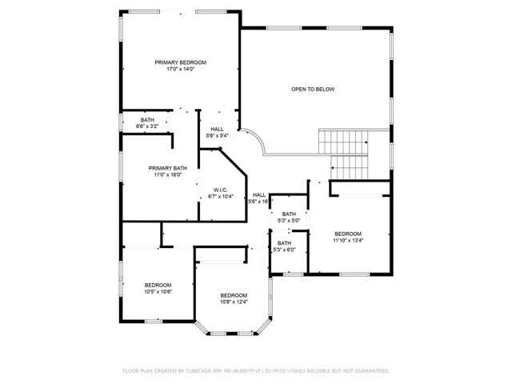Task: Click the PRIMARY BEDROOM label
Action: pos(181,62)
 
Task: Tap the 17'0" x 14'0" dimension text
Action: pos(181,70)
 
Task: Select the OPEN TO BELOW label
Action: pos(313,89)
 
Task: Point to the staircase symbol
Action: pos(345,154)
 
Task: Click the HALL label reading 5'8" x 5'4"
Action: pos(218,129)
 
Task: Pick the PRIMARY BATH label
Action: pos(167,168)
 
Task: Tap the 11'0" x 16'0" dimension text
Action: pos(167,175)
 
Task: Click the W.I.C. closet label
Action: pos(220,190)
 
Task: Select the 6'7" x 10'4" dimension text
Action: pos(220,197)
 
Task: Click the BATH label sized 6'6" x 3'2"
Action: pos(147,120)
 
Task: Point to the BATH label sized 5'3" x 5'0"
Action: pos(289,214)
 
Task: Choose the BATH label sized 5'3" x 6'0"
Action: pos(285,243)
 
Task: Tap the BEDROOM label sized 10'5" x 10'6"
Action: pos(158,286)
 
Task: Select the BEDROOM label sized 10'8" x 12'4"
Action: pos(234,295)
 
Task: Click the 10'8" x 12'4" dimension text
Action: pos(234,302)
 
